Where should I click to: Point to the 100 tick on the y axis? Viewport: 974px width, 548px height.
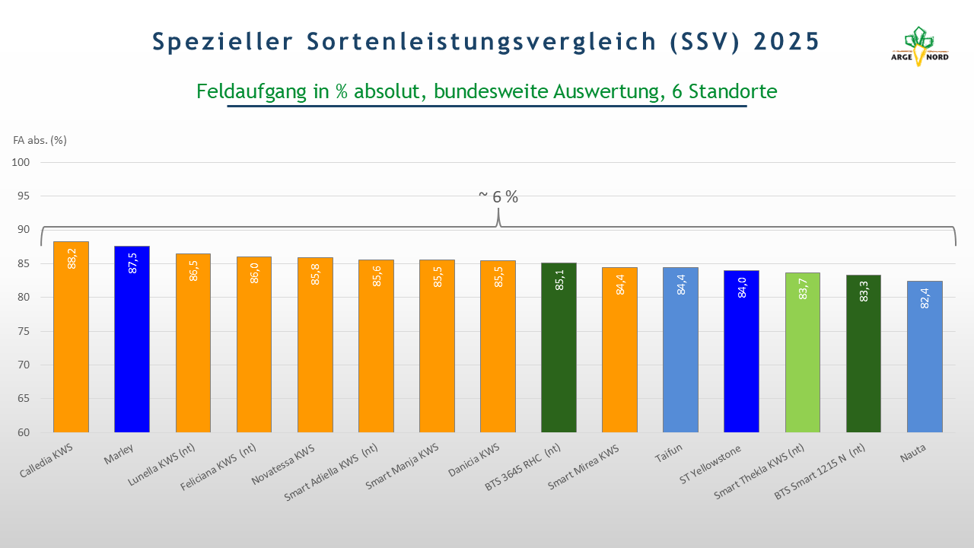[x=21, y=162]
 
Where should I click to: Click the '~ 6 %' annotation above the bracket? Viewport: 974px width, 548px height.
[x=498, y=196]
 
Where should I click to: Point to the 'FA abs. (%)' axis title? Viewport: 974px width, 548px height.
[x=40, y=140]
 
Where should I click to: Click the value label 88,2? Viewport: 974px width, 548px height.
[x=72, y=259]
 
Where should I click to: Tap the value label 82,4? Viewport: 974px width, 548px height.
[x=925, y=298]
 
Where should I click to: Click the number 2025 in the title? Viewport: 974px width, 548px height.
[x=787, y=41]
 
